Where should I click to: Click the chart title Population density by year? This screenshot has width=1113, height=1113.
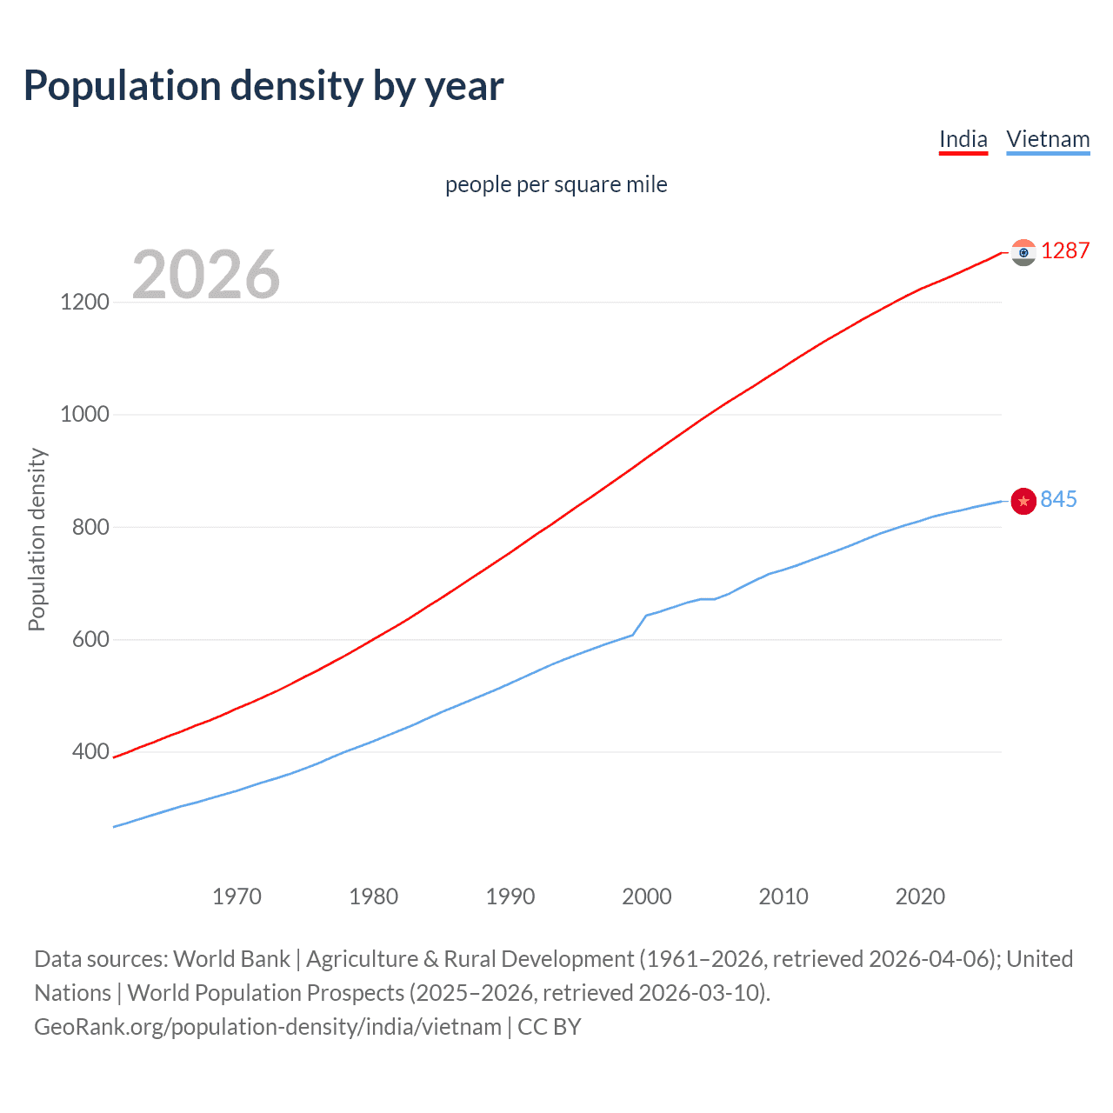click(x=263, y=86)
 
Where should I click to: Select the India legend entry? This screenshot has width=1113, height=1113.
click(x=963, y=139)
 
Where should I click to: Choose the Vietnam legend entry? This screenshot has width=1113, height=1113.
click(x=1047, y=139)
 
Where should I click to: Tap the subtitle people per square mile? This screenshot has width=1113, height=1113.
click(x=556, y=184)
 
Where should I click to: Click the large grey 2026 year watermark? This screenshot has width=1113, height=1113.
click(x=206, y=275)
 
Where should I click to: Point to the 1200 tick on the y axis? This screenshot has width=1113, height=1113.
click(x=84, y=303)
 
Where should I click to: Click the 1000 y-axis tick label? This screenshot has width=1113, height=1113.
click(x=84, y=415)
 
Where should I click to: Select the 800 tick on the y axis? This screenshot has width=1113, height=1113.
click(x=90, y=527)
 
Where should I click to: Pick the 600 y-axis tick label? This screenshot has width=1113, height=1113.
click(x=90, y=639)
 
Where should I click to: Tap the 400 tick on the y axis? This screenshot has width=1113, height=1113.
click(x=90, y=751)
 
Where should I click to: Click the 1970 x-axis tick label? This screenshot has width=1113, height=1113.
click(x=237, y=896)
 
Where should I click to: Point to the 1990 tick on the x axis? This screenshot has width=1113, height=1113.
click(x=510, y=896)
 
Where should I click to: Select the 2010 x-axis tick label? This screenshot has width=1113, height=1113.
click(x=783, y=896)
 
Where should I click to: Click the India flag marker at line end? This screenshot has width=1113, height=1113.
click(x=1023, y=252)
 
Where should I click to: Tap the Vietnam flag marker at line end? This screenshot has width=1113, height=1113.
click(x=1023, y=501)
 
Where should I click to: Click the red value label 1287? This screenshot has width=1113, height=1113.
click(x=1064, y=251)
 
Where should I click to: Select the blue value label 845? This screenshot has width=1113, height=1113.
click(x=1058, y=500)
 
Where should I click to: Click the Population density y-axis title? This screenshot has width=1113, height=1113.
click(x=37, y=539)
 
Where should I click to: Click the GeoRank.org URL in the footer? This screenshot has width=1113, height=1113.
click(x=268, y=1027)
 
